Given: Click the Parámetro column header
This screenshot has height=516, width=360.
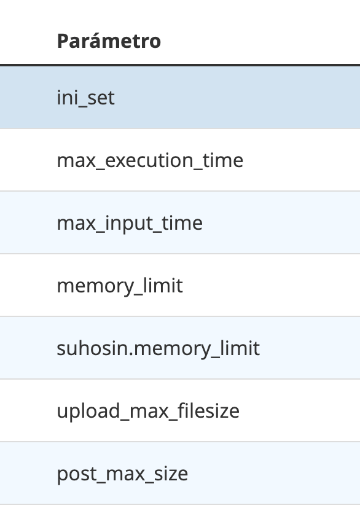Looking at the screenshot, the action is [x=109, y=41].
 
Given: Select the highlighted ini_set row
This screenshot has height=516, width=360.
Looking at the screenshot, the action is [x=180, y=98].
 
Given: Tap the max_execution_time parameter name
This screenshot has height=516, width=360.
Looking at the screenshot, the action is [x=150, y=161].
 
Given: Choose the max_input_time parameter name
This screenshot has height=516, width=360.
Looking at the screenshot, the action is [x=130, y=224].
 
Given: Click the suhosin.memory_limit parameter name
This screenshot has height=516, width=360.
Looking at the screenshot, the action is [x=158, y=349].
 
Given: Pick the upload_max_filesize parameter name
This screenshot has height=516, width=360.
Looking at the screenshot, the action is [x=148, y=412].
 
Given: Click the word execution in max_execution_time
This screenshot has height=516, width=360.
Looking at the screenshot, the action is [x=149, y=161].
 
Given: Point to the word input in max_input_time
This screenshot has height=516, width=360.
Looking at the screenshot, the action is [x=129, y=224].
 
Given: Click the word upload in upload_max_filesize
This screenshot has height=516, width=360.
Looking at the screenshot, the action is [x=88, y=412].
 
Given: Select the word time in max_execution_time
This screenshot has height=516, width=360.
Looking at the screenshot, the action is [x=223, y=160].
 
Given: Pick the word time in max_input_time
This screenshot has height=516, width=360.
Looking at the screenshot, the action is [x=182, y=224].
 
